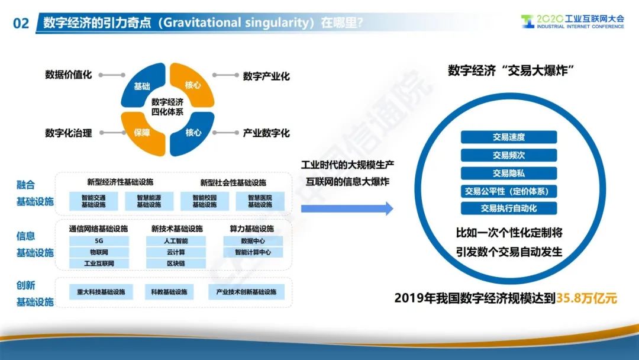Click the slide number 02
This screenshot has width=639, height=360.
tap(21, 23)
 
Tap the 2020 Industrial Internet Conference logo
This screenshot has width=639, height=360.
tap(572, 21)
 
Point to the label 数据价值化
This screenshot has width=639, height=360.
tap(69, 75)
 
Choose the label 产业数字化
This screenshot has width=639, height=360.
tap(266, 133)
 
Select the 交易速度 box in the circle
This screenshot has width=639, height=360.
tap(509, 137)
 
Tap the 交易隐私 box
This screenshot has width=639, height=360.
tap(509, 173)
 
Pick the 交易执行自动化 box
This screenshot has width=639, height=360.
tap(509, 208)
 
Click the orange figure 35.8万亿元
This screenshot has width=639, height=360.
tap(586, 298)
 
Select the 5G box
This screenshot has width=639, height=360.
tap(99, 241)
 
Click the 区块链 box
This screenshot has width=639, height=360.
tap(176, 263)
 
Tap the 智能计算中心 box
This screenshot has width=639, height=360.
tap(253, 252)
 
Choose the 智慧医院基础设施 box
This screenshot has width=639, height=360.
tap(260, 201)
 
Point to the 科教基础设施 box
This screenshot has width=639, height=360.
tap(169, 292)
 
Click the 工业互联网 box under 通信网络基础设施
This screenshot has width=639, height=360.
tap(99, 263)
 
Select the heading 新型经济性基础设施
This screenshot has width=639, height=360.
tap(120, 182)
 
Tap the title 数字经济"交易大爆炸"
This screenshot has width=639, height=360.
tap(511, 70)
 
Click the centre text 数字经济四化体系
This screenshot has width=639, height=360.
tap(167, 107)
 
